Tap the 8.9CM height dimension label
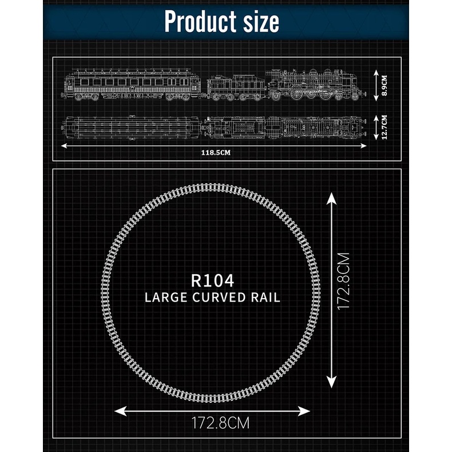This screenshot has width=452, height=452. [384, 86]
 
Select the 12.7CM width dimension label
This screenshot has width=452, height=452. [384, 128]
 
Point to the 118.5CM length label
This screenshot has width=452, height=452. [216, 153]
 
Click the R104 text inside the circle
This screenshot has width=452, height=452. [212, 280]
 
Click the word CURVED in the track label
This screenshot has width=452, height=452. [219, 298]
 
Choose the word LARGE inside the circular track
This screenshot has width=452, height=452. [166, 298]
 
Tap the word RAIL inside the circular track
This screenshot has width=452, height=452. [265, 298]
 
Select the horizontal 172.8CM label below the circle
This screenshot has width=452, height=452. [220, 423]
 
